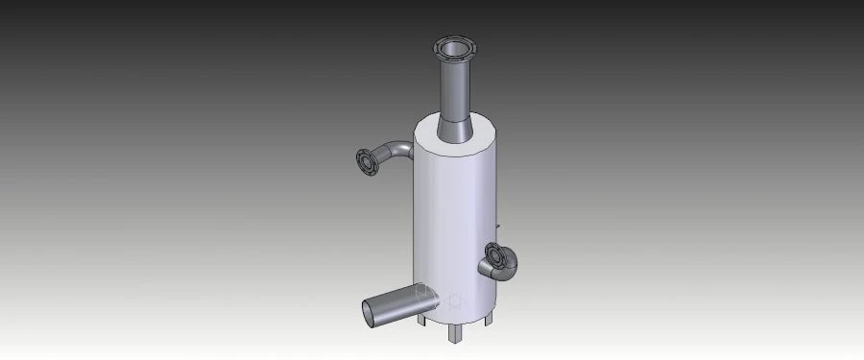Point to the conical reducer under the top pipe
[x=455, y=127]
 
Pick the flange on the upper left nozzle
[x=365, y=164]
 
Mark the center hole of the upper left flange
[x=365, y=164]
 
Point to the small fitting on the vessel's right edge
[x=499, y=227]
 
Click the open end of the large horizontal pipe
[x=371, y=311]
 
